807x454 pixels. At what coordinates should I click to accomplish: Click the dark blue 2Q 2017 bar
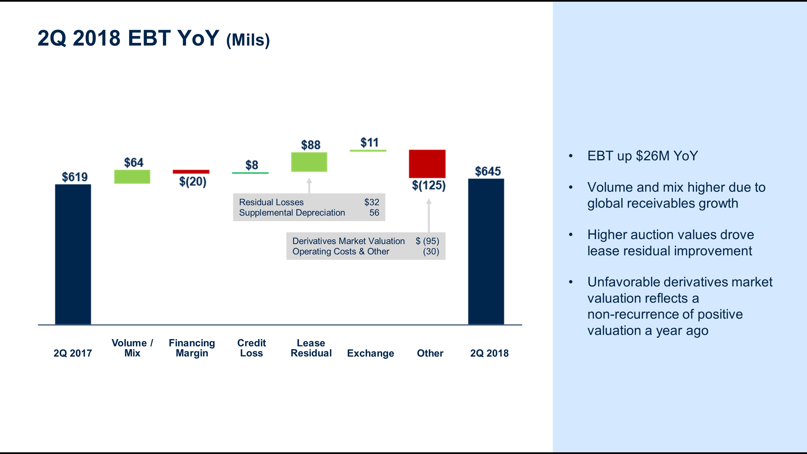pos(73,254)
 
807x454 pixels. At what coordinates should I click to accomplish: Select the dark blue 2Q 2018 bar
pos(486,251)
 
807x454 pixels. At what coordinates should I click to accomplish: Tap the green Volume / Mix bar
pos(132,177)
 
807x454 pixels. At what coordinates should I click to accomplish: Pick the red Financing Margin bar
pos(191,172)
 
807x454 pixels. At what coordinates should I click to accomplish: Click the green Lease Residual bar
pos(309,162)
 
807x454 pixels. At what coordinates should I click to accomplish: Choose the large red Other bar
pos(427,164)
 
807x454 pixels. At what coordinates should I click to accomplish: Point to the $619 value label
pos(75,177)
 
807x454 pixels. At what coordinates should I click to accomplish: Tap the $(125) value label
pos(428,185)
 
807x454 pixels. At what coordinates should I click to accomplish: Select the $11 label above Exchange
pos(369,143)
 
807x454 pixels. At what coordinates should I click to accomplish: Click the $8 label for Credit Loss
pos(252,165)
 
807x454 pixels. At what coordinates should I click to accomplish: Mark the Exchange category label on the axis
pos(371,353)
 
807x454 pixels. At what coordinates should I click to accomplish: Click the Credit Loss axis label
pos(252,348)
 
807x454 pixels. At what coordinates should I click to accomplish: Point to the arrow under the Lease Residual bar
pos(309,186)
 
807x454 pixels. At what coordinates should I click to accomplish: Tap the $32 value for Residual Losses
pos(372,202)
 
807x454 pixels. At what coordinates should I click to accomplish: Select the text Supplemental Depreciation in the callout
pos(292,212)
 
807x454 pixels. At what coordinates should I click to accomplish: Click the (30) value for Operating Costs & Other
pos(431,251)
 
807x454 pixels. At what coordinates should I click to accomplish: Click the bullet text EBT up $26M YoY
pos(643,156)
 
